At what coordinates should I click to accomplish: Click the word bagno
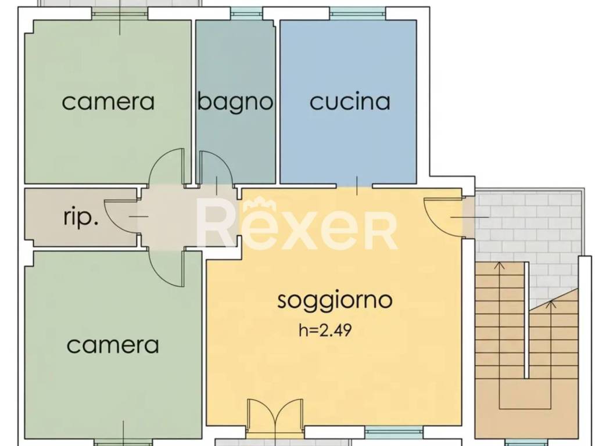(x=235, y=102)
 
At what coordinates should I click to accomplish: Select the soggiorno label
(x=335, y=301)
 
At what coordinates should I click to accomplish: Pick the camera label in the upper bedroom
(x=108, y=102)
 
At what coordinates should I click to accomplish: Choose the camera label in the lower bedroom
(x=113, y=346)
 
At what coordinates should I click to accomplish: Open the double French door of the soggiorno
(x=275, y=417)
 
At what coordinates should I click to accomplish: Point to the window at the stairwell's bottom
(x=526, y=443)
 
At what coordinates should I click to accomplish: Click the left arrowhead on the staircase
(x=499, y=266)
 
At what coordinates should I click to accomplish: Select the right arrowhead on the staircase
(x=552, y=303)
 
